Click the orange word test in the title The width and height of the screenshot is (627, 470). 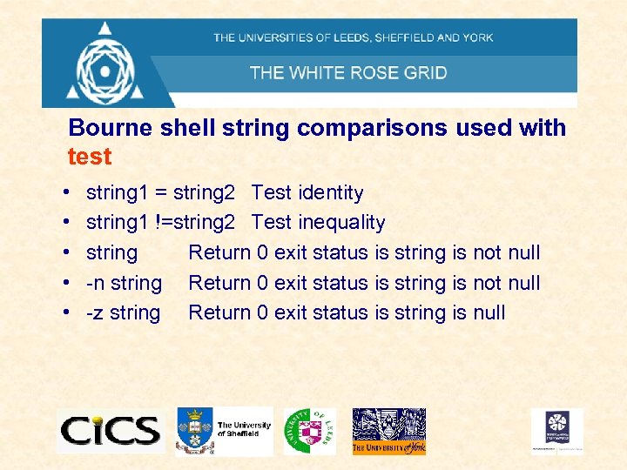[90, 157]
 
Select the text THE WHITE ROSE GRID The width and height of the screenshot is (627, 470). [348, 72]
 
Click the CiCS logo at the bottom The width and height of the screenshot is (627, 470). [110, 430]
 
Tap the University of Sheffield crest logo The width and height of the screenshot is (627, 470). [193, 430]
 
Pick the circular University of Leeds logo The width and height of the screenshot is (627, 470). [309, 430]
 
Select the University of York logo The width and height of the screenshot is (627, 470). [388, 431]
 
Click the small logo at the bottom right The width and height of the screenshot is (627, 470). [557, 430]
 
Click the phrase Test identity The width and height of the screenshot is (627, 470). [307, 192]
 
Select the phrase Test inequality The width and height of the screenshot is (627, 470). [318, 223]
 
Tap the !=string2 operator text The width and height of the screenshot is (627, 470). [195, 223]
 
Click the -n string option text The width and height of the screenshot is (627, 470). [124, 283]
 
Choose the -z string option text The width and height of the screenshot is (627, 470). [123, 312]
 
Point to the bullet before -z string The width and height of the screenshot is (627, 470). [67, 313]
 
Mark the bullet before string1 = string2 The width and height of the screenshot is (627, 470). [67, 193]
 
